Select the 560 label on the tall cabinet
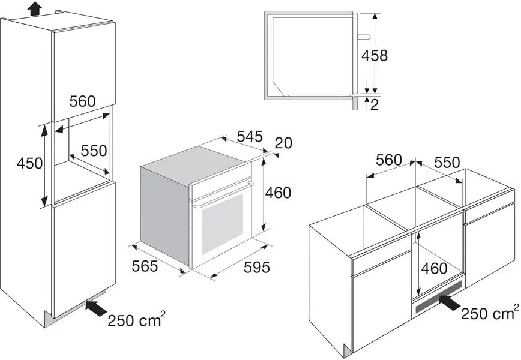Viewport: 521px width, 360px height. (82, 101)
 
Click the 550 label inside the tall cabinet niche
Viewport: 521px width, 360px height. (94, 151)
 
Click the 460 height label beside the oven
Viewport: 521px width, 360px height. (278, 193)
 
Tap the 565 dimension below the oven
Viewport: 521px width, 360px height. (145, 266)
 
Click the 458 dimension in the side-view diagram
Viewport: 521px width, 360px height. (374, 56)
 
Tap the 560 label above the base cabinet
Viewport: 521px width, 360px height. (388, 160)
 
